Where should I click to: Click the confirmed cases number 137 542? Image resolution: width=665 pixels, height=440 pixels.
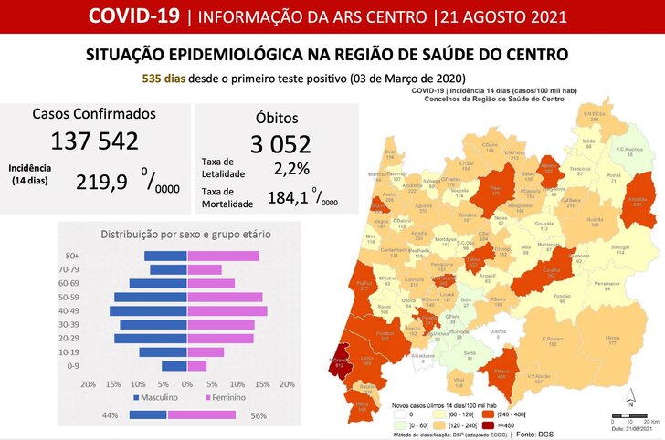[95, 141]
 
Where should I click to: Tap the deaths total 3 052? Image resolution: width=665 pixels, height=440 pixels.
[280, 144]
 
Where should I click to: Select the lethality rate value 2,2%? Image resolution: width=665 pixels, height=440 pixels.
[291, 169]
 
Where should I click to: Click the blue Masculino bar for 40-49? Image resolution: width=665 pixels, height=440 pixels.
[148, 311]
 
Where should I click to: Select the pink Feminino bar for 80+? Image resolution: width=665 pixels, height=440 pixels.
[223, 257]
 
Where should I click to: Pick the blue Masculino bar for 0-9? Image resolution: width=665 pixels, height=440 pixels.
[174, 366]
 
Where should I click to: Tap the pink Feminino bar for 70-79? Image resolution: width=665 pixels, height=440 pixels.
[205, 270]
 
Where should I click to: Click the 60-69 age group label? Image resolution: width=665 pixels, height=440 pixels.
[67, 284]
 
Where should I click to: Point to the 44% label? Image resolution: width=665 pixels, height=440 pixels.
[111, 415]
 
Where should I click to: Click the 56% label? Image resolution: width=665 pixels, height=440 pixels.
[258, 415]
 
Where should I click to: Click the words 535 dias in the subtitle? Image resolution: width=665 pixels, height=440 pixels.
[164, 79]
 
